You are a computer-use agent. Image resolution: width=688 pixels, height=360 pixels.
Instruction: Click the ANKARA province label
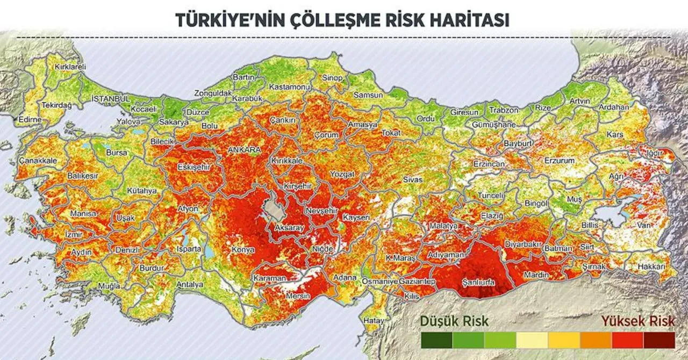coord(245,150)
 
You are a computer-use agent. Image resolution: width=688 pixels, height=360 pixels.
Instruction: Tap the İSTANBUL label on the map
coord(110,99)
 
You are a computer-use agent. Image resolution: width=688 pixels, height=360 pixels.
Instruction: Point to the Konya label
coord(243,250)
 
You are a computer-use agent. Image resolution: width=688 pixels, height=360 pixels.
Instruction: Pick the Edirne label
coord(30,120)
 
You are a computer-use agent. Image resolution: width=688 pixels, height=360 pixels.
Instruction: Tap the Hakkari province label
coord(651,267)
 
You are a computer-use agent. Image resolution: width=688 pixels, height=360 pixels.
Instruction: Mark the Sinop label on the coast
coord(332,78)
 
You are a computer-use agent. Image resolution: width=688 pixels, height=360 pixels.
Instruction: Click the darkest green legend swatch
coord(436,340)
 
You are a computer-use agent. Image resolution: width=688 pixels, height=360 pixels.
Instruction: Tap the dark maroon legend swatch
coord(659,340)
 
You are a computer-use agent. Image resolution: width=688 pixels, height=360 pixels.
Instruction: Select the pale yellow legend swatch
coord(532,340)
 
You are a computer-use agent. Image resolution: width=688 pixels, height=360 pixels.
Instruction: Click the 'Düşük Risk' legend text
coord(455,321)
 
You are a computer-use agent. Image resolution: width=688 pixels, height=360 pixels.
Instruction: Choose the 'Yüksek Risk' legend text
coord(637,321)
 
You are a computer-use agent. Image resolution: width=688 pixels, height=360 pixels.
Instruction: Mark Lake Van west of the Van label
coord(613,212)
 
